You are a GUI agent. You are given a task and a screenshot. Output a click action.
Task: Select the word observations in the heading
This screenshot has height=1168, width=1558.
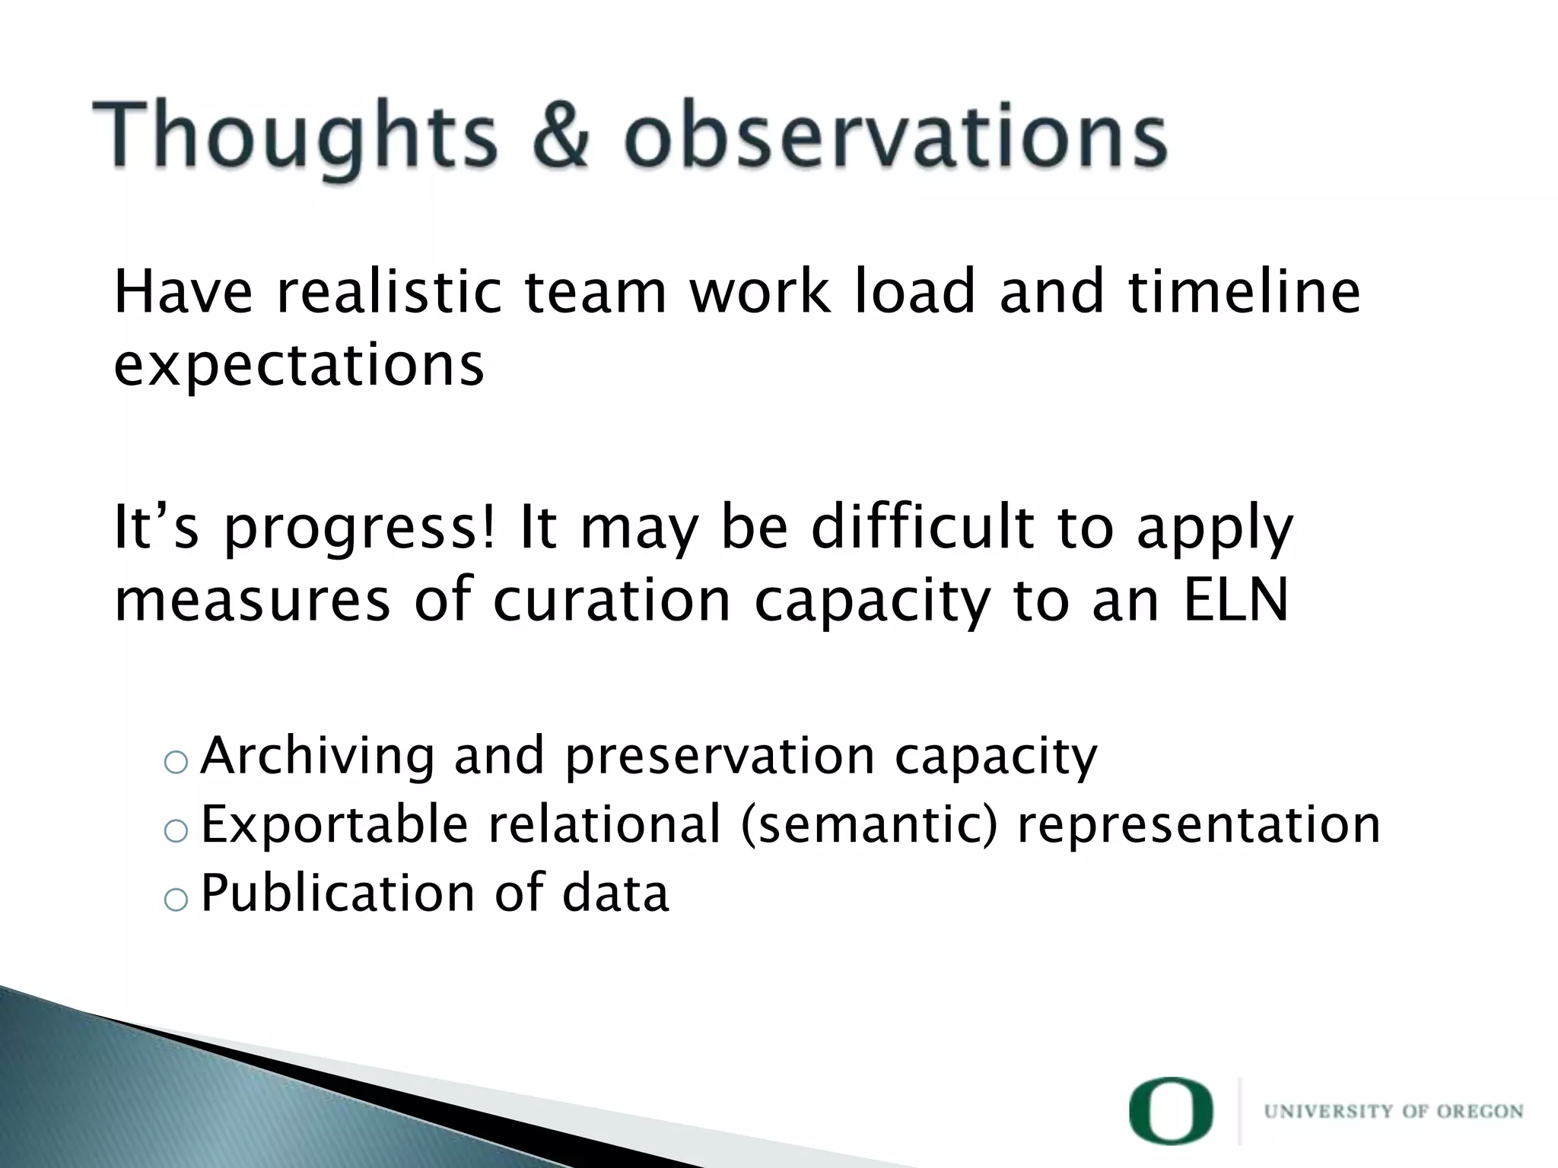coord(895,137)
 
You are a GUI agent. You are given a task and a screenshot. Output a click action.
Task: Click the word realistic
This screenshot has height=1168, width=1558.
coord(389,292)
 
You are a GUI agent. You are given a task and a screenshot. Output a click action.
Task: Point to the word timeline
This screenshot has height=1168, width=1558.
coord(1244,292)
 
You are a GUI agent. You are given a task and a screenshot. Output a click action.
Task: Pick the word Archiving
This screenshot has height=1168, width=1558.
coord(319,757)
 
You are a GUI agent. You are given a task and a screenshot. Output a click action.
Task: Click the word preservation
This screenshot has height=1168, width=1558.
coord(720,757)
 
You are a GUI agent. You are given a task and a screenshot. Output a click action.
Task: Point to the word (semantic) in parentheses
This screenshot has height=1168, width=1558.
coord(867,824)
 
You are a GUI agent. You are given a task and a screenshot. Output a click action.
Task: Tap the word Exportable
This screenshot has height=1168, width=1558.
coord(334,824)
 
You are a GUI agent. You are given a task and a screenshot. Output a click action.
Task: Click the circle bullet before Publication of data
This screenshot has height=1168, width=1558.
coord(175,900)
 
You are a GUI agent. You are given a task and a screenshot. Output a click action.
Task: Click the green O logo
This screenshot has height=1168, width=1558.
coord(1171,1111)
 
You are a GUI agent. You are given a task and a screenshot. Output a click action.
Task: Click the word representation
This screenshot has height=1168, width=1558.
coord(1198,824)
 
